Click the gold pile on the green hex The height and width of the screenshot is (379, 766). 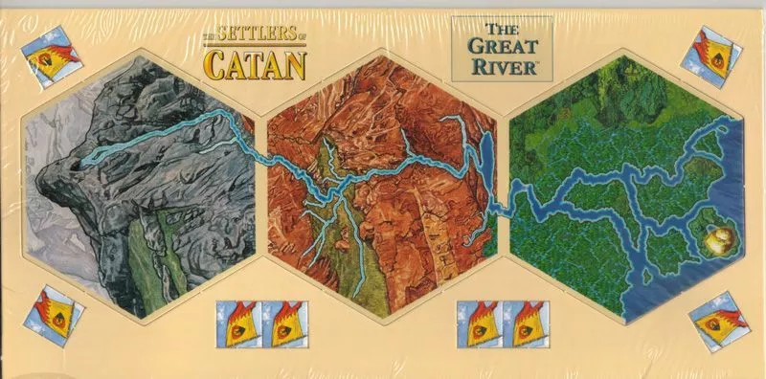[x=720, y=239]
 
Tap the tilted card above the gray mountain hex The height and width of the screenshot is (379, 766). [x=44, y=59]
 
